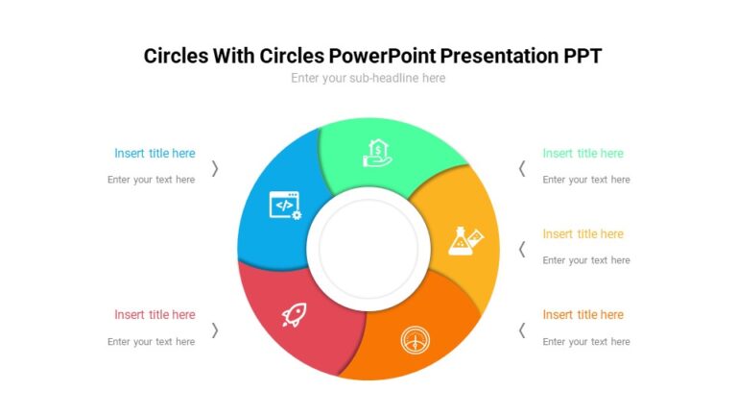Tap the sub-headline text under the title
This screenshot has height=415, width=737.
(x=368, y=78)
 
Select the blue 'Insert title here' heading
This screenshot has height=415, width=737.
(x=155, y=153)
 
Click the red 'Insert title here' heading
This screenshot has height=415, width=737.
(x=155, y=314)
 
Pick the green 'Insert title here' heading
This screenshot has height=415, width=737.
(x=582, y=153)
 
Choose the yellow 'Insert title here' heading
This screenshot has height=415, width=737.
(x=582, y=233)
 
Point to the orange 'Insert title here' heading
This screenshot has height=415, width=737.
(x=582, y=314)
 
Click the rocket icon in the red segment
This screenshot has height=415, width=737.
(x=294, y=314)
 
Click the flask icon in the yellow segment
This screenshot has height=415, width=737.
(x=464, y=240)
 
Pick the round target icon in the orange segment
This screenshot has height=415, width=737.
(x=416, y=339)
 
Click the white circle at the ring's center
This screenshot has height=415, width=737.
(x=368, y=249)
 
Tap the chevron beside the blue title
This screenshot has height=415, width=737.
(x=215, y=168)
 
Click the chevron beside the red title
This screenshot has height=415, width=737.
(x=215, y=330)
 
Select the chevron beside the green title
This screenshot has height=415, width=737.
(x=522, y=168)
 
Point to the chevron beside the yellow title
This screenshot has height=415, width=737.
(x=522, y=249)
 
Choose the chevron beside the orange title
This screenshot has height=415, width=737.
(x=522, y=330)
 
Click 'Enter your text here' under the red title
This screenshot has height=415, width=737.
(x=151, y=341)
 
